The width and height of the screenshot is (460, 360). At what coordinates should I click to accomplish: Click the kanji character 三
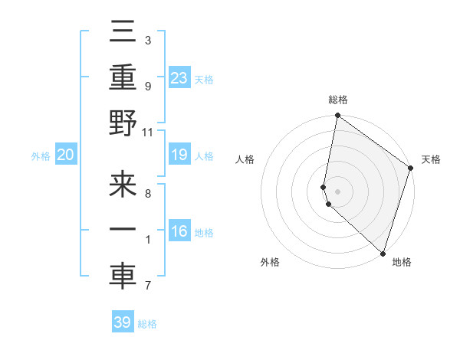pyautogui.click(x=123, y=34)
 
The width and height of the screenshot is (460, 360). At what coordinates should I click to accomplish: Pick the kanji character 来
pyautogui.click(x=123, y=188)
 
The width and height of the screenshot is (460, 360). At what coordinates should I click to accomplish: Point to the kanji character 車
pyautogui.click(x=123, y=277)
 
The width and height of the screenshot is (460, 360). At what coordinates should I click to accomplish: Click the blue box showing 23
pyautogui.click(x=179, y=77)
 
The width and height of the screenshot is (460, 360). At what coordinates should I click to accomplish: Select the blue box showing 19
pyautogui.click(x=179, y=155)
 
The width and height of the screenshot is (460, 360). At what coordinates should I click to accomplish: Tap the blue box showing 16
pyautogui.click(x=179, y=231)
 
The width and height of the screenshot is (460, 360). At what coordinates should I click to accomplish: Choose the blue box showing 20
pyautogui.click(x=66, y=155)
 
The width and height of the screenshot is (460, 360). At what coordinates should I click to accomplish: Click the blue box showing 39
pyautogui.click(x=122, y=322)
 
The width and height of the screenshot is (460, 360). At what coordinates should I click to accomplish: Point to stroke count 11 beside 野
pyautogui.click(x=148, y=131)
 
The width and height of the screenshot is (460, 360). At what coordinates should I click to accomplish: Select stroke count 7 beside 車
pyautogui.click(x=147, y=286)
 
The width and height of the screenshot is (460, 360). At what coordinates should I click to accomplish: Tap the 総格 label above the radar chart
pyautogui.click(x=338, y=100)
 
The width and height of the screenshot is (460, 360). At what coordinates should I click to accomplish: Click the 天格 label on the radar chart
pyautogui.click(x=431, y=159)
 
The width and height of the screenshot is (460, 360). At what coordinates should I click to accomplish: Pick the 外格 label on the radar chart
pyautogui.click(x=270, y=262)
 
